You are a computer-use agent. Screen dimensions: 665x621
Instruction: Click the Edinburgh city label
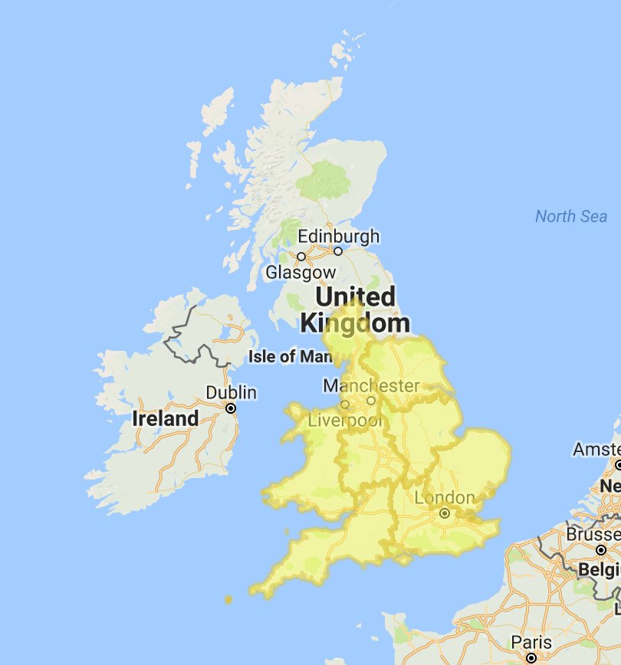click(338, 236)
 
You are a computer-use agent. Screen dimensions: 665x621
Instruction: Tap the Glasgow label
click(301, 272)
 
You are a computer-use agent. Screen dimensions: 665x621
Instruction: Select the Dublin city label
click(231, 392)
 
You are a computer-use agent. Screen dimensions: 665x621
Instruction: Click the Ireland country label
click(165, 419)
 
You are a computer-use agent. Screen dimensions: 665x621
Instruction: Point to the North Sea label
click(570, 216)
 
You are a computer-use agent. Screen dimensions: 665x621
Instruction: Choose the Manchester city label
click(371, 385)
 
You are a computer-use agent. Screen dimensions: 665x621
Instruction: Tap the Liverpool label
click(344, 420)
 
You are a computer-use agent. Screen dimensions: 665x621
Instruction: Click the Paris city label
click(532, 642)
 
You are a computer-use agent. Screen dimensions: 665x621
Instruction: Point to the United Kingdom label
click(356, 310)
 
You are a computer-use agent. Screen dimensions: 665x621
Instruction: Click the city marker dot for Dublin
click(231, 408)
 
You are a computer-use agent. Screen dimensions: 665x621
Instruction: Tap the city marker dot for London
click(444, 513)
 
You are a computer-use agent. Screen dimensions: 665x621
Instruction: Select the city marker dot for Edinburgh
click(337, 251)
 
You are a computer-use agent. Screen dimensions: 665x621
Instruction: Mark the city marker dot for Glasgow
click(301, 257)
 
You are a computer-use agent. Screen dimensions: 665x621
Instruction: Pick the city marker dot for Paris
click(531, 657)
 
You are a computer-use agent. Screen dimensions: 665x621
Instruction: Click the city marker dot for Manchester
click(371, 400)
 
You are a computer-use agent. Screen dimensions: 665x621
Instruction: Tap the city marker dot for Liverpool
click(344, 405)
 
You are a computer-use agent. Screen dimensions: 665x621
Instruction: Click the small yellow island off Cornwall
click(228, 599)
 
